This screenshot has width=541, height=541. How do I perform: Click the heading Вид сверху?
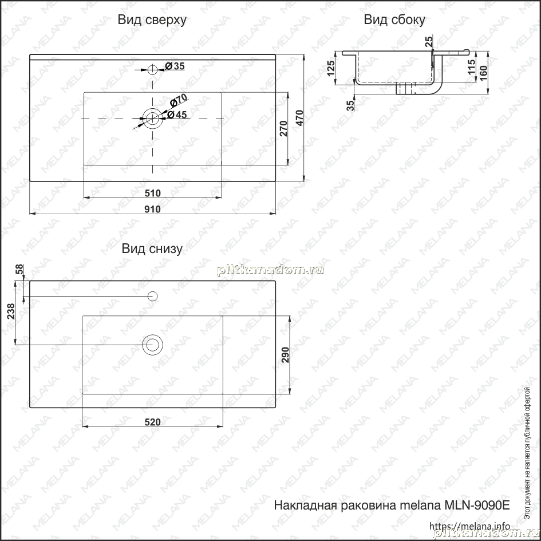[x=152, y=20]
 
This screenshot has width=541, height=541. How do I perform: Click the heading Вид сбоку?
[x=394, y=20]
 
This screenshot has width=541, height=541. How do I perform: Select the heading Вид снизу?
[x=152, y=249]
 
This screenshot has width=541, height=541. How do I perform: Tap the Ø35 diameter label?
[x=175, y=66]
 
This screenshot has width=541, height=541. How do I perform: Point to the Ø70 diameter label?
[x=179, y=100]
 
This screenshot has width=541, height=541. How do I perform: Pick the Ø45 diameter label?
[x=177, y=114]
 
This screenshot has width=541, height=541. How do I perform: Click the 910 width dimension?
[x=152, y=209]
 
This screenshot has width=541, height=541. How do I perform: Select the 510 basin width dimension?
[x=152, y=194]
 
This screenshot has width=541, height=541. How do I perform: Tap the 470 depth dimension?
[x=299, y=118]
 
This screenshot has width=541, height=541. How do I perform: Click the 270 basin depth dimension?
[x=283, y=128]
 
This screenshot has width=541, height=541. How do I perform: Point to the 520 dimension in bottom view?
[x=152, y=422]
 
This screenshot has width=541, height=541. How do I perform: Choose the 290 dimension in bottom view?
[x=285, y=355]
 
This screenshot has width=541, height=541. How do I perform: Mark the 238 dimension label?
[x=11, y=311]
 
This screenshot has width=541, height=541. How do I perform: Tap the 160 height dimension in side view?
[x=483, y=73]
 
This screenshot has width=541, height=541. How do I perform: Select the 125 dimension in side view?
[x=330, y=68]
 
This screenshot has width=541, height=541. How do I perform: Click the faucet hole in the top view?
[x=152, y=70]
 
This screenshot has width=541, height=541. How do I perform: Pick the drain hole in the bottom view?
[x=152, y=344]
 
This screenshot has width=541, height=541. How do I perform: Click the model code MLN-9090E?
[x=477, y=506]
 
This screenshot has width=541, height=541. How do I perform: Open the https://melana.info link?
[x=469, y=526]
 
